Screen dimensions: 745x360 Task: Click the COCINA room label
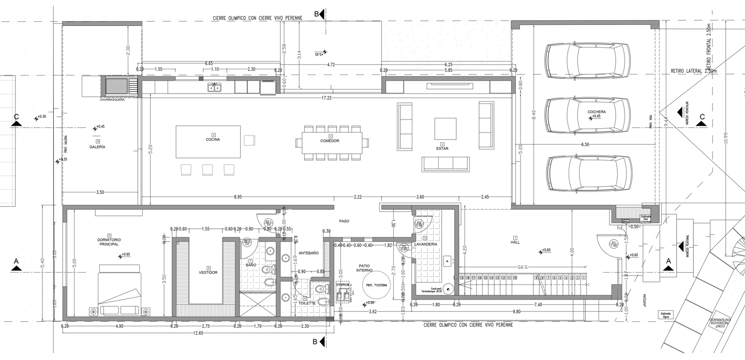212,140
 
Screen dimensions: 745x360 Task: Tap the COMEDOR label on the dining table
330,141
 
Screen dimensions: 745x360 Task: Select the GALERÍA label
97,147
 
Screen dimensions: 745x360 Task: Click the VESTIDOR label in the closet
207,272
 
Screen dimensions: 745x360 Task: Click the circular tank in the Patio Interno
370,285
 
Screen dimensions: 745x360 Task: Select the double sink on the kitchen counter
214,87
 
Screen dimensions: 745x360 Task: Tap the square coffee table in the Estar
445,129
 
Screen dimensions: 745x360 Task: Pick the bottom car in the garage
589,173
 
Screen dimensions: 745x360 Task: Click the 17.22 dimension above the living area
326,97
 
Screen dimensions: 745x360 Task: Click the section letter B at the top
316,14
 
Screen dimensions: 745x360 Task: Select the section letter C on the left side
17,117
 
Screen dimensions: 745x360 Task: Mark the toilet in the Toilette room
322,302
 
